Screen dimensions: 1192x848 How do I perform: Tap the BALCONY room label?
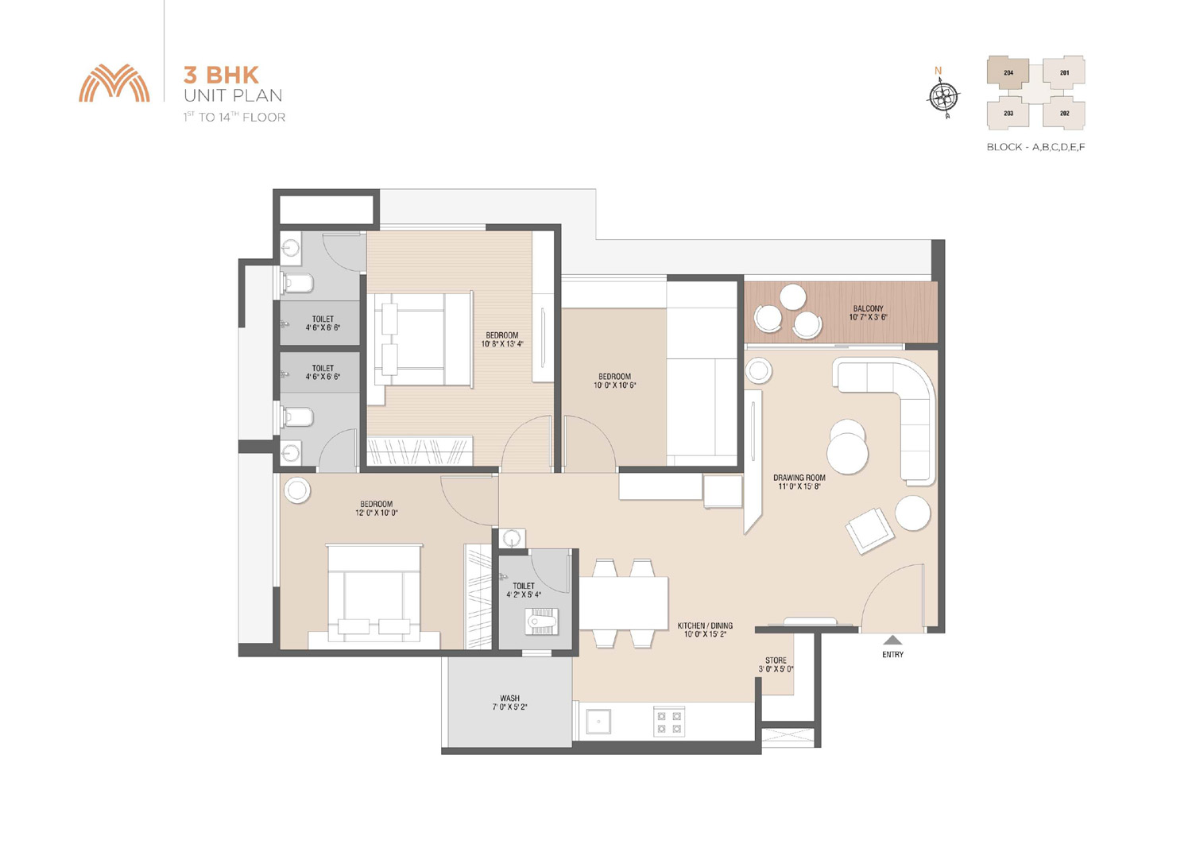tap(868, 308)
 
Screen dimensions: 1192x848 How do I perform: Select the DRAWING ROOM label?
tap(799, 478)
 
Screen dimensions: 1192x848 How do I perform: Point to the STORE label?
tap(776, 660)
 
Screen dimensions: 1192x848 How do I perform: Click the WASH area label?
tap(509, 698)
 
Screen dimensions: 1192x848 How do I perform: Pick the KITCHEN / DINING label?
tap(705, 625)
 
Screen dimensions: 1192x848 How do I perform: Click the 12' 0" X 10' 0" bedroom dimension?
tap(376, 513)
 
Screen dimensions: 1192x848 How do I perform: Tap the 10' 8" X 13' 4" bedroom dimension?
tap(501, 344)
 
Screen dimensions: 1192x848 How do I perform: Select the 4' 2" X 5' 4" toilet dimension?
tap(524, 594)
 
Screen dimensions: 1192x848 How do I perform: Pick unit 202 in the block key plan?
tap(1064, 114)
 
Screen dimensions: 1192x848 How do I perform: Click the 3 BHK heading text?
tap(221, 75)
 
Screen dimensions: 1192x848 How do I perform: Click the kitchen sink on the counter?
tap(598, 722)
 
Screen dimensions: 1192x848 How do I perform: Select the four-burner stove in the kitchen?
tap(669, 722)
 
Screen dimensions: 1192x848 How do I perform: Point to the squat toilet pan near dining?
tap(540, 621)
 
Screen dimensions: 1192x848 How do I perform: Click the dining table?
tap(623, 603)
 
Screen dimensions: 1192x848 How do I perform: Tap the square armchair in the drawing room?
tap(869, 531)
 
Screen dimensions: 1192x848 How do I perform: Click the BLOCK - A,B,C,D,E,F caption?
tap(1035, 147)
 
